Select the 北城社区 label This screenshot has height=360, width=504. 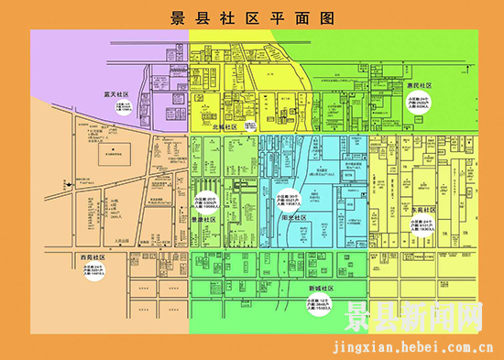(224, 127)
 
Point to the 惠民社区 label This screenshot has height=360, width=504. (419, 84)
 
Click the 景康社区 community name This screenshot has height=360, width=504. (203, 219)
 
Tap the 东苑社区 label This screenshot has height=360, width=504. (423, 210)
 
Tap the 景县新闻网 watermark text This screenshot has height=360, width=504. (412, 320)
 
